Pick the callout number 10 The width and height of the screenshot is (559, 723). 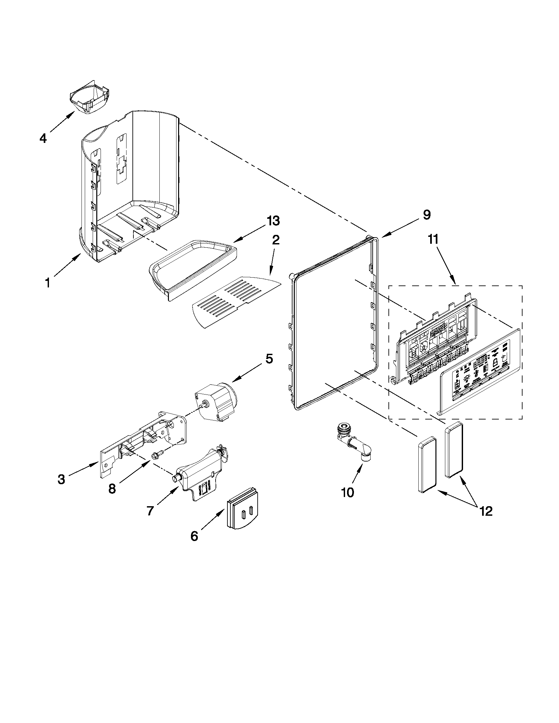(x=347, y=502)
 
